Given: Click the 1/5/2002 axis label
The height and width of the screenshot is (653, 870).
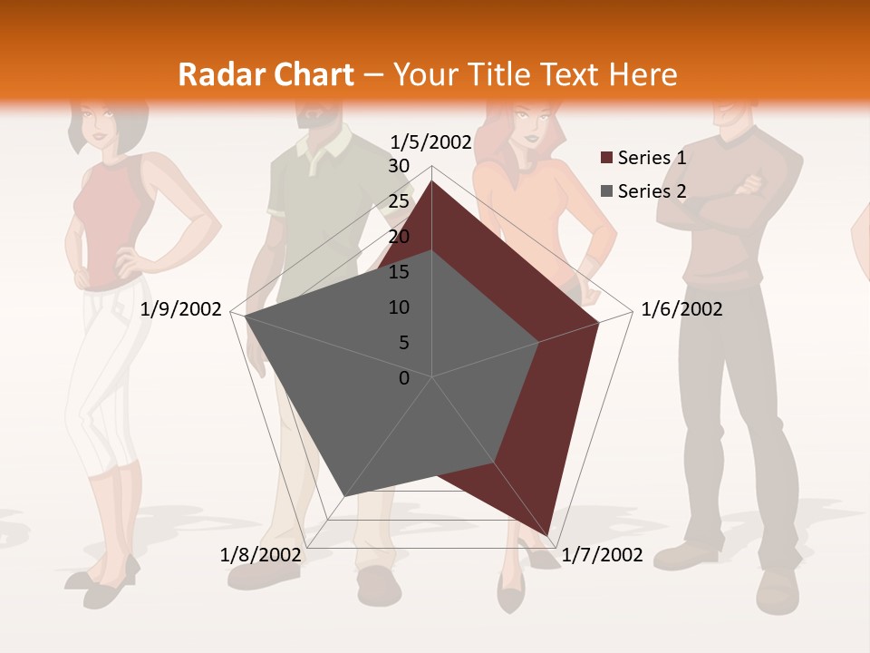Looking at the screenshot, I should (x=430, y=142).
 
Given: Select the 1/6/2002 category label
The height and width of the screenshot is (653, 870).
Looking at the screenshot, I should (x=681, y=309).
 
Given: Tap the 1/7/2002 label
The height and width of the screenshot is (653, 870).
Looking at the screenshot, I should (x=602, y=555).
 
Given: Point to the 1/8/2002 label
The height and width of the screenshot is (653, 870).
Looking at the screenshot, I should (x=260, y=555).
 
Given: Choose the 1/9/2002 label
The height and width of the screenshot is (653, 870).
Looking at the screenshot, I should (x=180, y=309).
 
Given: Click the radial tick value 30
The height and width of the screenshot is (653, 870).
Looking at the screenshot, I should (x=399, y=166).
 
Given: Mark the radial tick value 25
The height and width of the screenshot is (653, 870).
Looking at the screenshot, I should (x=399, y=201).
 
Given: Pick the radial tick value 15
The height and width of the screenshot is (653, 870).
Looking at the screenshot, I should (x=399, y=272).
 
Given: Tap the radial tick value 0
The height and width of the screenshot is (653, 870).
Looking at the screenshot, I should (x=404, y=378).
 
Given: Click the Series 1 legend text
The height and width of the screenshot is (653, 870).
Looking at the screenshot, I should (x=652, y=158).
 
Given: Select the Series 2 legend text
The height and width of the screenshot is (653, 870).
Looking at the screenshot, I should (x=652, y=190).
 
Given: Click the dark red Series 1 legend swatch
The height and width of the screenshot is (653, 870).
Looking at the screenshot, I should (x=606, y=158).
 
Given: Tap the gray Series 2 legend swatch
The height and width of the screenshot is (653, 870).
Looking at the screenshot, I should (x=606, y=190).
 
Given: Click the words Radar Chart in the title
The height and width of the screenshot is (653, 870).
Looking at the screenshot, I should (x=266, y=74).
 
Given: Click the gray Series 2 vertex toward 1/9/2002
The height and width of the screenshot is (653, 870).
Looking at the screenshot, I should (x=246, y=317).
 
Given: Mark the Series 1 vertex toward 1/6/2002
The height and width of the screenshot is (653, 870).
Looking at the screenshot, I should (x=599, y=322).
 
